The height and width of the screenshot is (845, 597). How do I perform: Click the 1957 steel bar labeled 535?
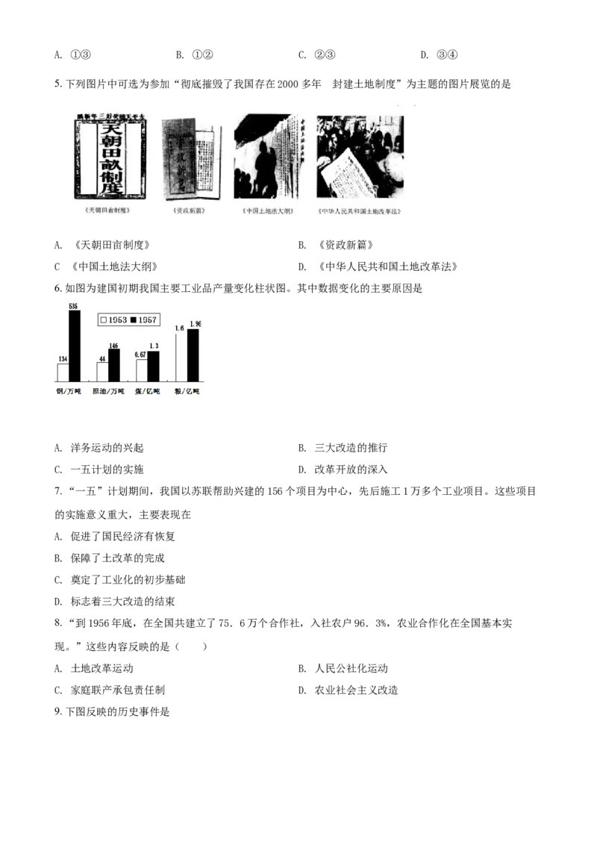[x=74, y=346]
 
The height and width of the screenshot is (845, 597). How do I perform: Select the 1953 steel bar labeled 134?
[x=63, y=373]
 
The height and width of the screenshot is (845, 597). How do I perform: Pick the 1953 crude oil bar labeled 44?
[x=102, y=372]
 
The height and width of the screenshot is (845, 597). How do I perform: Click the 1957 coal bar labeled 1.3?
[x=153, y=367]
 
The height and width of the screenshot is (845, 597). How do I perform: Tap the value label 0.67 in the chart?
[x=140, y=355]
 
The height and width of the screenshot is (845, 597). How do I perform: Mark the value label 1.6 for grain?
[x=179, y=328]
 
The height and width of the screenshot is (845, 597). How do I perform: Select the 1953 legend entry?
[x=114, y=319]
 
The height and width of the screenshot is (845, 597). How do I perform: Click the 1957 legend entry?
[x=144, y=319]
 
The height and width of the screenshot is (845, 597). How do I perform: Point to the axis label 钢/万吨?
[x=69, y=391]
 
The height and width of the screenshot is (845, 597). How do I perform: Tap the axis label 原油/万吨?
[x=108, y=391]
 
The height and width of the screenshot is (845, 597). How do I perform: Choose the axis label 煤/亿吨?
[x=148, y=391]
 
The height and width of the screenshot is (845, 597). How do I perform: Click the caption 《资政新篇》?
[x=189, y=211]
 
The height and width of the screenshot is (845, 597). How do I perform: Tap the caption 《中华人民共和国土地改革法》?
[x=360, y=211]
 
